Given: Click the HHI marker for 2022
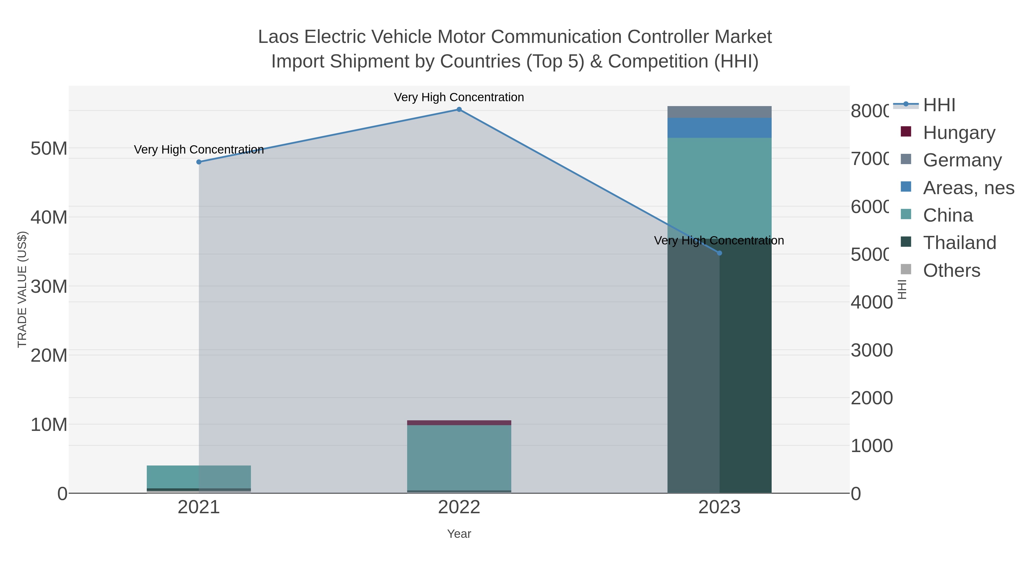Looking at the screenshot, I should (459, 110).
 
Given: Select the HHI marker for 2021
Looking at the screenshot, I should (199, 162).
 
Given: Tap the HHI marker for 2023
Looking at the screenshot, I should (719, 253).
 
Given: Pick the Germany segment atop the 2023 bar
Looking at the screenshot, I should (719, 112).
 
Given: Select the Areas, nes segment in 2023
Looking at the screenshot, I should (719, 128).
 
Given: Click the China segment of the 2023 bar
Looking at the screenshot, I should (719, 188).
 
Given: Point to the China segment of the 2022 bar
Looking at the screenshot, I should (459, 457).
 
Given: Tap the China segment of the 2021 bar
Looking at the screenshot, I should (199, 477).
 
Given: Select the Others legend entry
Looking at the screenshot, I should (951, 270).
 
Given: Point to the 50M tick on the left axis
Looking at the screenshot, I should (49, 149).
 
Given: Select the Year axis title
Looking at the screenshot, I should (459, 534).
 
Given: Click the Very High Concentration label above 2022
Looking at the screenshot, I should (459, 97).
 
